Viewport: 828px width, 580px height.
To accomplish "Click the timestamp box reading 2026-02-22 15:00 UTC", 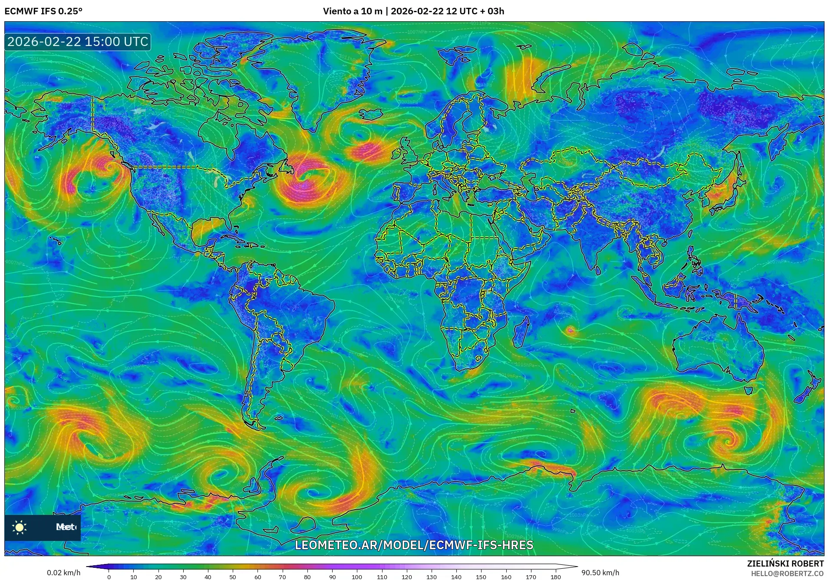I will pyautogui.click(x=78, y=42).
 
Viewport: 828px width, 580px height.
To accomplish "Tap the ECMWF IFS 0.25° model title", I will pyautogui.click(x=43, y=11).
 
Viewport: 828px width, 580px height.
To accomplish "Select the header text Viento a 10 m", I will pyautogui.click(x=352, y=11).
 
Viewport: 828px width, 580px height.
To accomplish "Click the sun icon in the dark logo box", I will pyautogui.click(x=20, y=527).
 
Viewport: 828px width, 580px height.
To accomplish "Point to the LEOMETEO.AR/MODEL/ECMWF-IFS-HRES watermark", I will pyautogui.click(x=414, y=545).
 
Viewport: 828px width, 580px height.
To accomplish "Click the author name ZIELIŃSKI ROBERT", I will pyautogui.click(x=785, y=564).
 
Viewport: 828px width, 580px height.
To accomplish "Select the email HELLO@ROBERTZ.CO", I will pyautogui.click(x=787, y=573).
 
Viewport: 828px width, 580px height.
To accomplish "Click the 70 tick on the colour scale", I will pyautogui.click(x=282, y=577).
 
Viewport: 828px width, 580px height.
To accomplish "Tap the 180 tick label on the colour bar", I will pyautogui.click(x=555, y=577).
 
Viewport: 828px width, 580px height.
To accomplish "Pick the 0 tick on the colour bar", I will pyautogui.click(x=109, y=577).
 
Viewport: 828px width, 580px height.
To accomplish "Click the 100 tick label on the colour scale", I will pyautogui.click(x=357, y=577).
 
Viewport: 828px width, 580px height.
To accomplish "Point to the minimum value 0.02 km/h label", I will pyautogui.click(x=63, y=573).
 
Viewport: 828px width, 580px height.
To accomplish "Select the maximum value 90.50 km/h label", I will pyautogui.click(x=600, y=573).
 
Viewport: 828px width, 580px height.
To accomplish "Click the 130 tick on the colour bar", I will pyautogui.click(x=431, y=577).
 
